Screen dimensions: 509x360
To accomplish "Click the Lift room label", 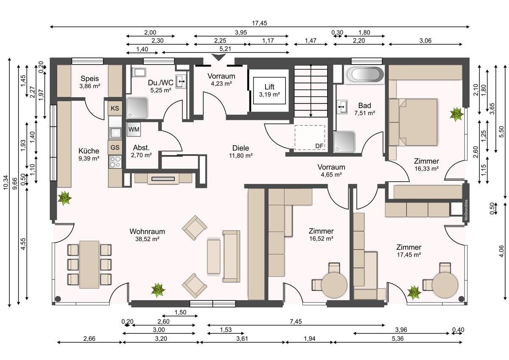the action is (269, 90).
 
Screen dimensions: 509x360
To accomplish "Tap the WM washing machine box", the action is (134, 129).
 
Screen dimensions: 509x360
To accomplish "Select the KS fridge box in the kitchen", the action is (115, 108).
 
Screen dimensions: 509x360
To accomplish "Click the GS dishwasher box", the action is (115, 147).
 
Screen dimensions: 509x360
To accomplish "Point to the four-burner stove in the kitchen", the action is (115, 162).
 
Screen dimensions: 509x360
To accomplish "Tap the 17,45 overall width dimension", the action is (259, 23).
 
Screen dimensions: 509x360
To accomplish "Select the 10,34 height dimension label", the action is (6, 182).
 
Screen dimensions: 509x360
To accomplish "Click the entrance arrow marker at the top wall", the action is (218, 57).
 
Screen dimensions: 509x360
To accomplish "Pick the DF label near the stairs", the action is (319, 146).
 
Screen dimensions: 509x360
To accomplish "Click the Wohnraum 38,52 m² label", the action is (147, 235).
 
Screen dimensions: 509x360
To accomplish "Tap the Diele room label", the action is (241, 148).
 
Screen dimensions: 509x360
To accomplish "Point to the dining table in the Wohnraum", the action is (89, 264).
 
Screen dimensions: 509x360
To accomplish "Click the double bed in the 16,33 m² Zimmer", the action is (413, 122).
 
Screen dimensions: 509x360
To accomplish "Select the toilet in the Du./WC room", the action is (139, 73).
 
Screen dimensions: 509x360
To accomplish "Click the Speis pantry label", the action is (90, 79).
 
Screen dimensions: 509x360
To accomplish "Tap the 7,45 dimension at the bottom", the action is (296, 321).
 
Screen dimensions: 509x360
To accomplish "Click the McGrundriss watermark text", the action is (466, 210).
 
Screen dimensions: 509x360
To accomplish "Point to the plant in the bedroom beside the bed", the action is (456, 114).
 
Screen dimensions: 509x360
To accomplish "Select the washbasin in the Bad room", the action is (342, 107).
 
